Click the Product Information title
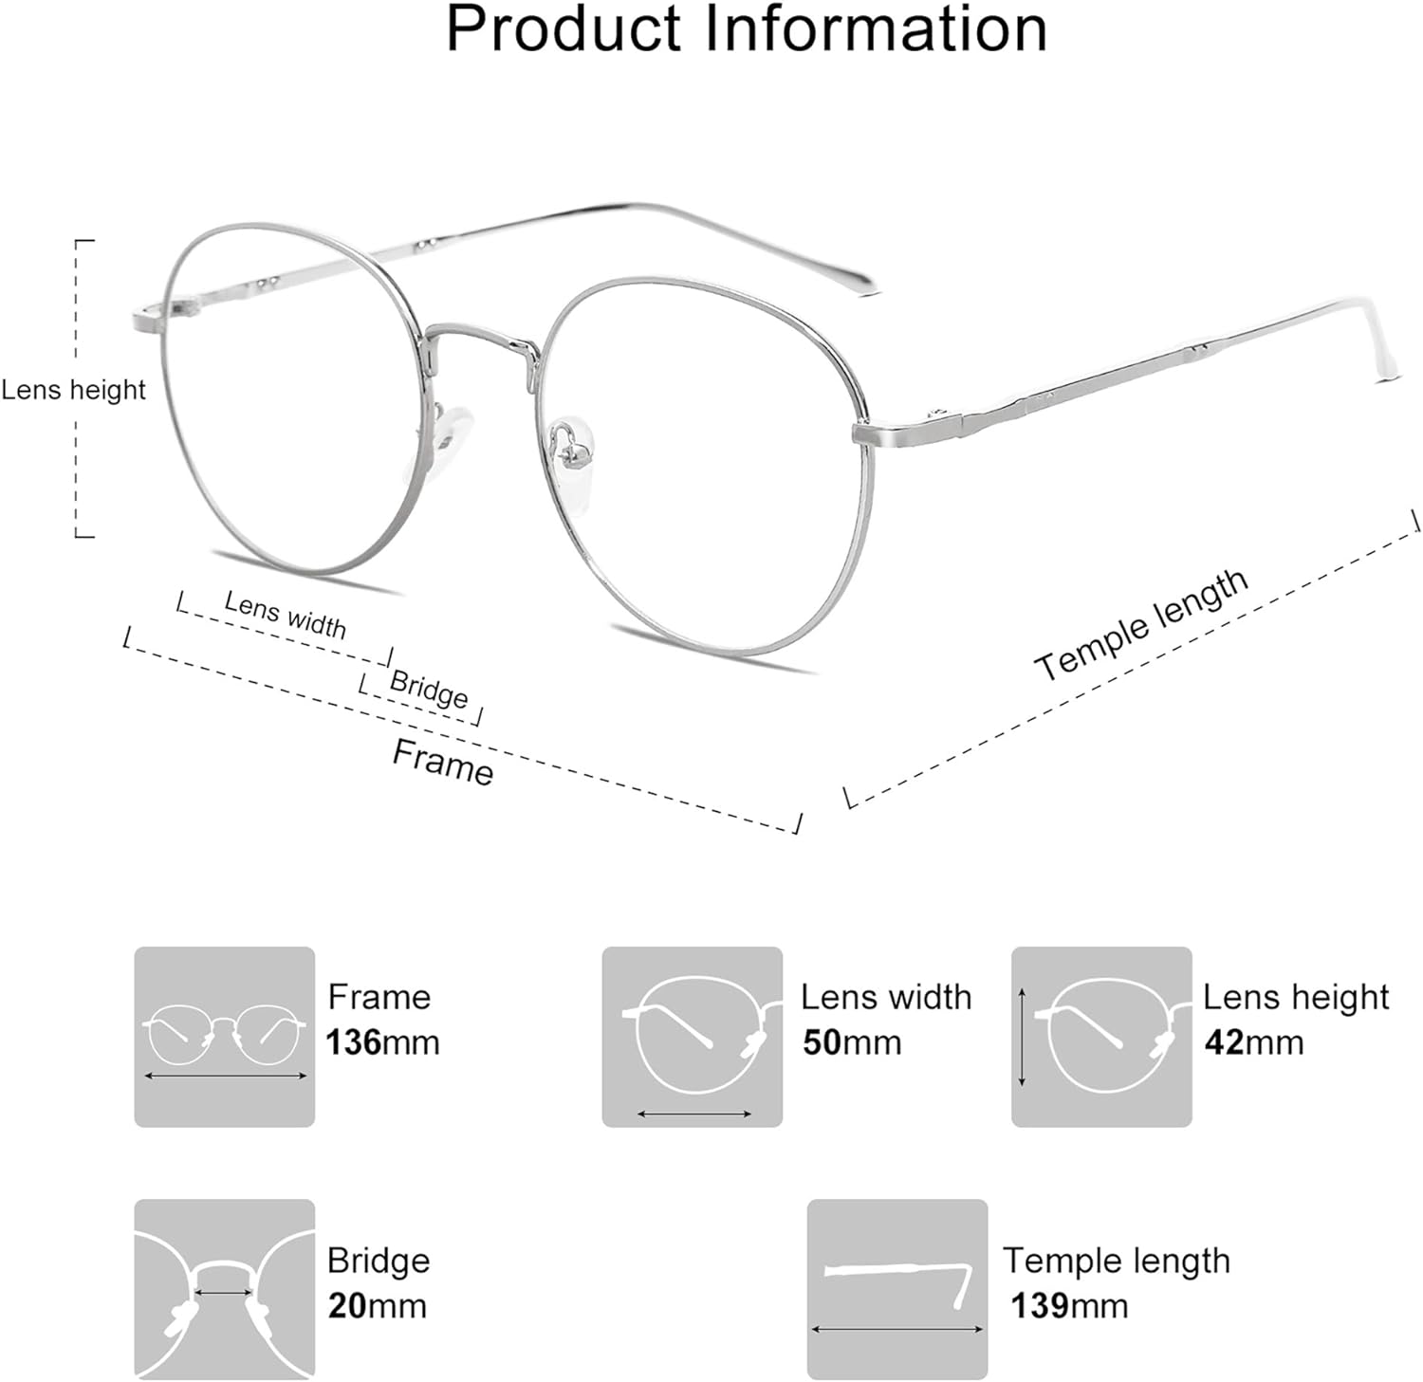(x=747, y=28)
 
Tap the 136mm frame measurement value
(x=382, y=1042)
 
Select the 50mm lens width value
(x=851, y=1042)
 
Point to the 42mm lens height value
(x=1254, y=1042)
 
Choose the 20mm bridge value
(x=377, y=1306)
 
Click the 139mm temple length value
(x=1069, y=1306)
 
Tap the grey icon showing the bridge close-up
(x=224, y=1289)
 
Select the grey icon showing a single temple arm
(x=897, y=1289)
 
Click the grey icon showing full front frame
(x=224, y=1037)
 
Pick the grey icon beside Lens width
(x=693, y=1037)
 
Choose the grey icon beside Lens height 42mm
(x=1101, y=1037)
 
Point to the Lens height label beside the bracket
(x=73, y=390)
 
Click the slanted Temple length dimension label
(x=1141, y=625)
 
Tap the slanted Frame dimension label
(x=443, y=763)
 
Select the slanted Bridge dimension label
(x=429, y=690)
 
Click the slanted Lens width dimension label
(x=285, y=614)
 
